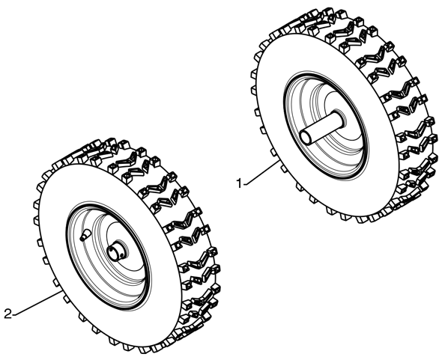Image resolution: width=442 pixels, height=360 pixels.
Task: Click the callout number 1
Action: coord(239,183)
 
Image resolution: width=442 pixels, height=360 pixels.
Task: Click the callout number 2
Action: coord(8,314)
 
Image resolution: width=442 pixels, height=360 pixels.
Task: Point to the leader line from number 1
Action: coord(261,172)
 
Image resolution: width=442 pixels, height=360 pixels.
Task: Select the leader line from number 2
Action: coord(37,303)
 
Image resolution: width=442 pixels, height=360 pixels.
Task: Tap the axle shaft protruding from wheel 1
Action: coord(321,127)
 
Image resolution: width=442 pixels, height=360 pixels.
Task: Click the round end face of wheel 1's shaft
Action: coord(306,138)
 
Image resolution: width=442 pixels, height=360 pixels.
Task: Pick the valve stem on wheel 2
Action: coord(85,234)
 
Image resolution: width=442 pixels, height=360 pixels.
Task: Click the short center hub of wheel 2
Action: coord(116,251)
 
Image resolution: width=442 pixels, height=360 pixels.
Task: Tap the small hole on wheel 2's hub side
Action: coord(121,254)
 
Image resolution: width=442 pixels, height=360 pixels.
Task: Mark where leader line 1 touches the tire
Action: coord(280,159)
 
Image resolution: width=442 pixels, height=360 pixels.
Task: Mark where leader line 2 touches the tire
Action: coord(61,292)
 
